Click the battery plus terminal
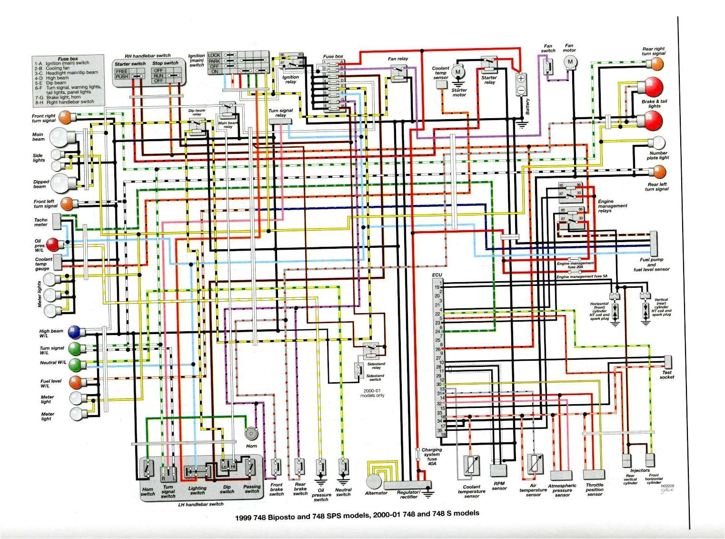point(521,78)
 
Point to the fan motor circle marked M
point(569,62)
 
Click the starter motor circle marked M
point(458,72)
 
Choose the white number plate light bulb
point(659,142)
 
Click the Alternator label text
point(376,493)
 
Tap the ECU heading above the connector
point(437,275)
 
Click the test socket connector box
point(667,361)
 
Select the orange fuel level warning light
point(75,382)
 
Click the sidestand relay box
point(371,352)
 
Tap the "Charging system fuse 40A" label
point(431,456)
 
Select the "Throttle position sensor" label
point(595,489)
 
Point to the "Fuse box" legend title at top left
point(68,59)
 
